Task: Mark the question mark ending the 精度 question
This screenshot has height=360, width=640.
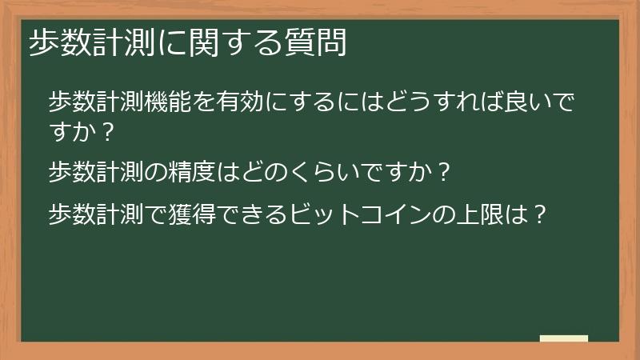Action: pos(446,171)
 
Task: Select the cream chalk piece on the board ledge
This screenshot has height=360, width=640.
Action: pos(564,338)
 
